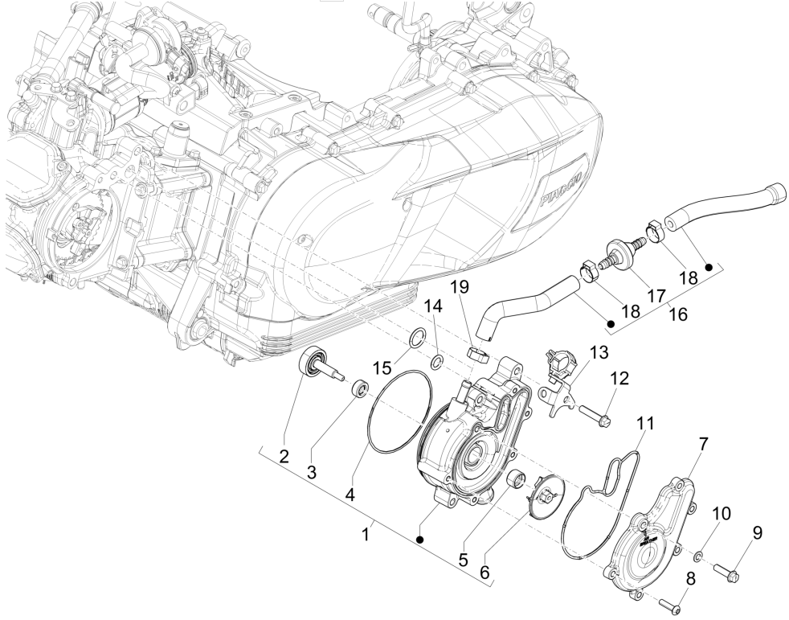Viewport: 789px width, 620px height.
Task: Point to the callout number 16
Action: tap(678, 315)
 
